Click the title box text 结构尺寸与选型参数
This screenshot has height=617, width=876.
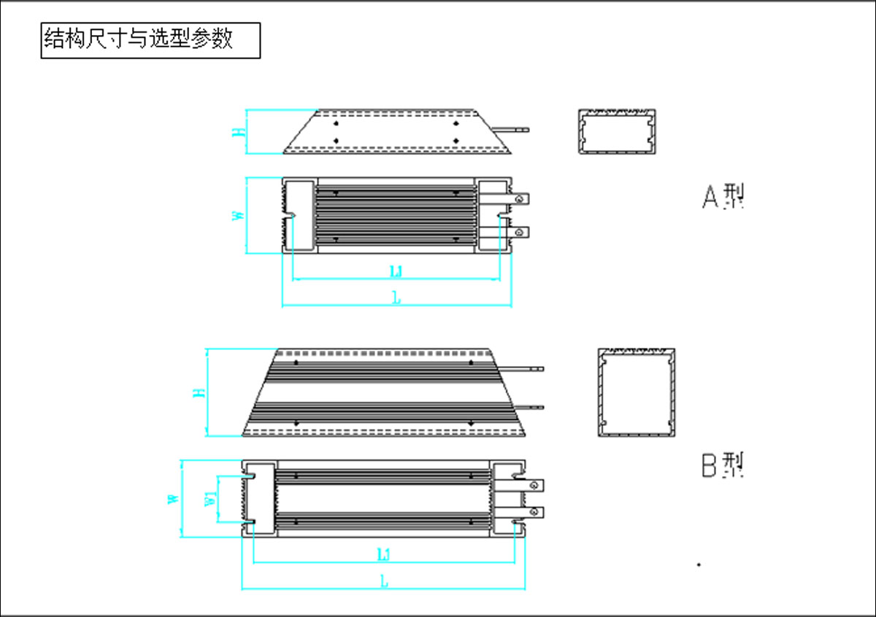(139, 39)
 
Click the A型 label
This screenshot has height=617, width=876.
(723, 196)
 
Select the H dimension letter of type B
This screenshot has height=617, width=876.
(198, 393)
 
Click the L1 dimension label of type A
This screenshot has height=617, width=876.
(396, 272)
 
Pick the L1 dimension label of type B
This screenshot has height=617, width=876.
(384, 555)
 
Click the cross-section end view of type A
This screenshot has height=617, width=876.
(617, 132)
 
